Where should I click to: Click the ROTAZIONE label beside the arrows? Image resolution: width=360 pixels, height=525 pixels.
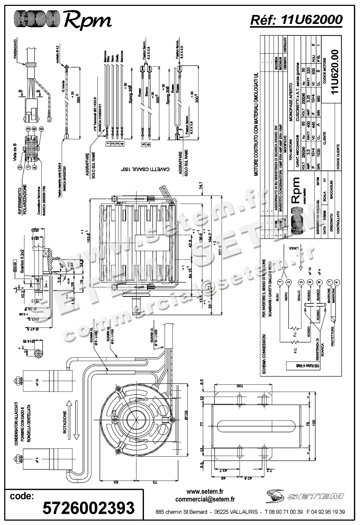pyautogui.click(x=65, y=422)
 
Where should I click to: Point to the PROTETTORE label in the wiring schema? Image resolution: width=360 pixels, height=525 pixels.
pyautogui.click(x=332, y=336)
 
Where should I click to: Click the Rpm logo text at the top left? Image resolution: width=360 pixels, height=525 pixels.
pyautogui.click(x=88, y=20)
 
